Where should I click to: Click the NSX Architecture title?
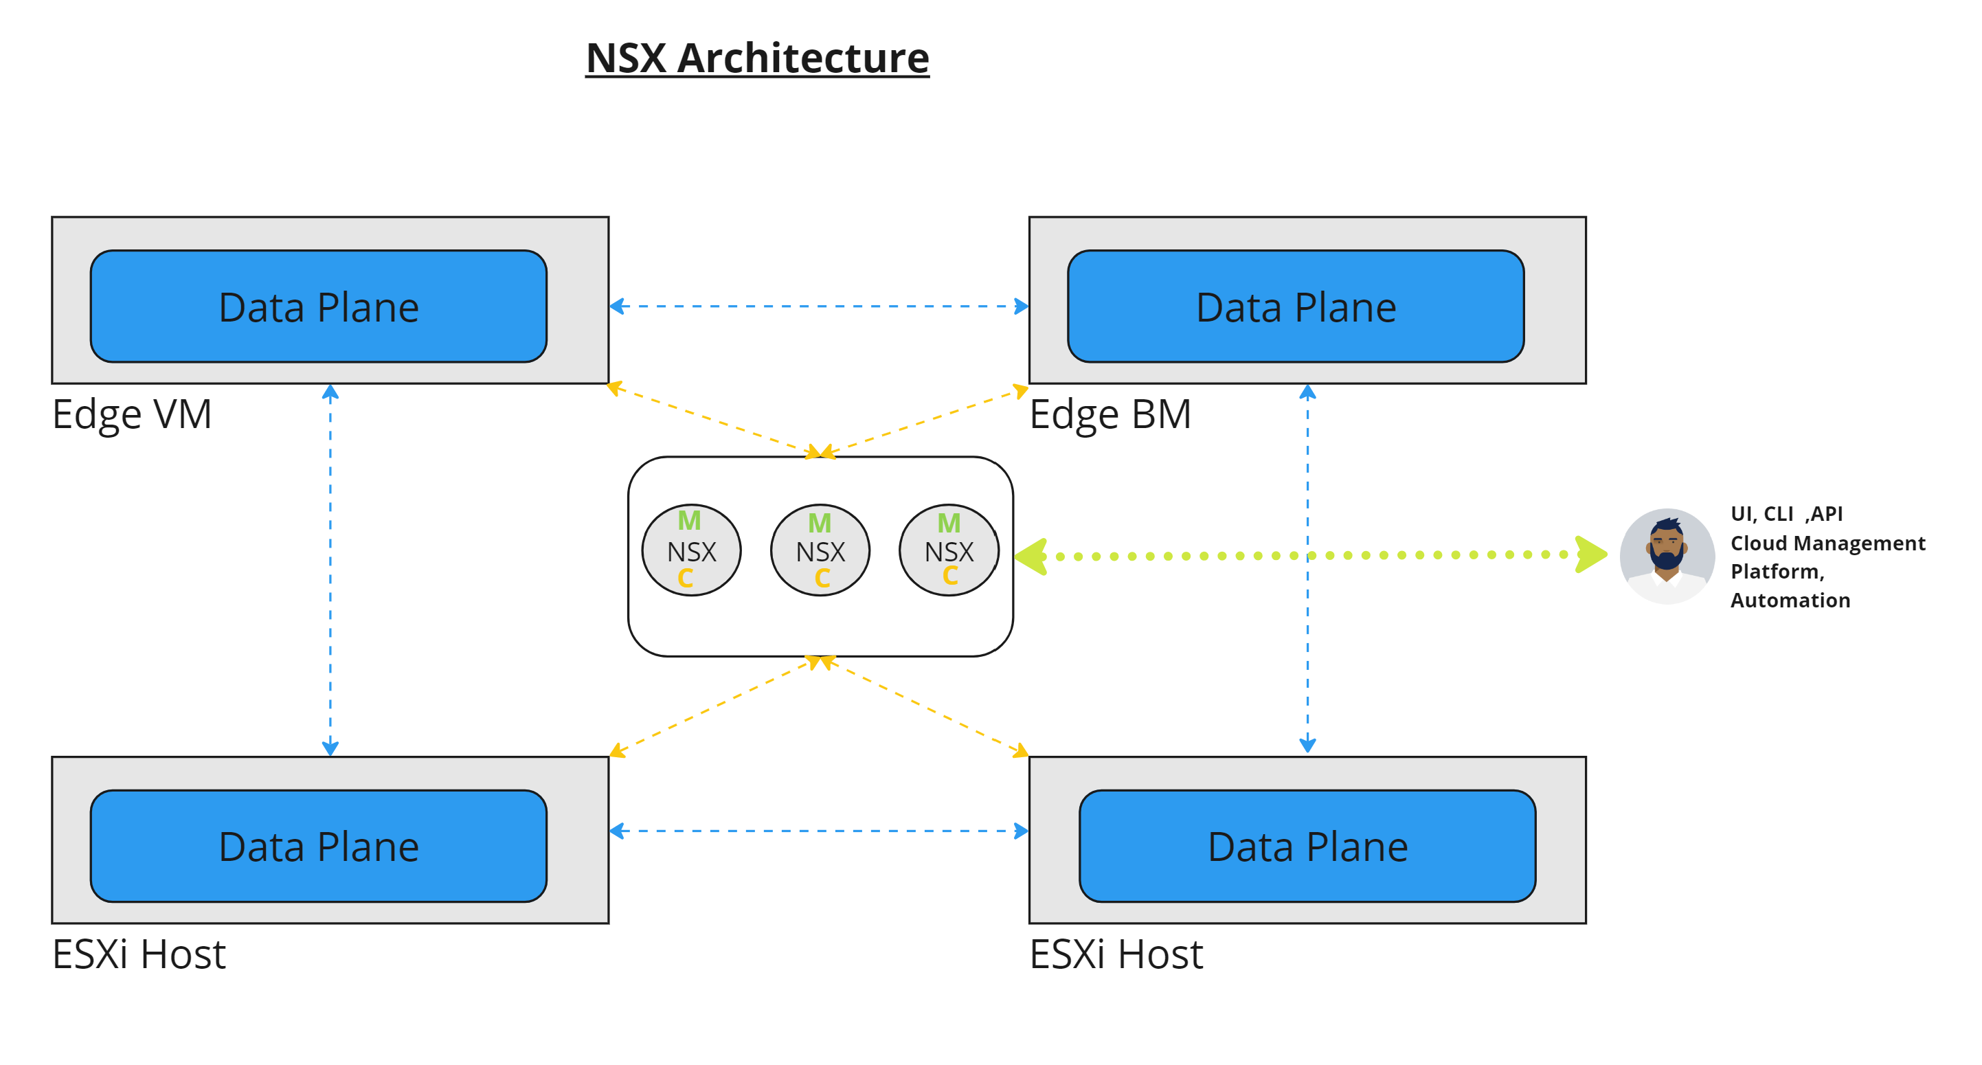(x=757, y=58)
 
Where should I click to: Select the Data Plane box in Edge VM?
(x=319, y=306)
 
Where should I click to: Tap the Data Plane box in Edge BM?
(x=1296, y=306)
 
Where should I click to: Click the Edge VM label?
(x=132, y=415)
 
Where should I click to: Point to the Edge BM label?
(x=1110, y=415)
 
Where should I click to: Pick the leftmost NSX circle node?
(x=691, y=551)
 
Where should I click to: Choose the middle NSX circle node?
(x=820, y=551)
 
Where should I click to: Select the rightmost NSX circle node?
(x=949, y=551)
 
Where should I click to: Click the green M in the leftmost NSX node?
(x=688, y=521)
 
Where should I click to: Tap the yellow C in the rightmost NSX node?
(x=950, y=576)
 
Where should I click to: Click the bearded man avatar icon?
(x=1667, y=556)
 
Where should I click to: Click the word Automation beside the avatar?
(x=1790, y=601)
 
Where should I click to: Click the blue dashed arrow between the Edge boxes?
(x=819, y=306)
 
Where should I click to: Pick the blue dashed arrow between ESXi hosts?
(x=819, y=831)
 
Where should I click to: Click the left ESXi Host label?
(x=139, y=955)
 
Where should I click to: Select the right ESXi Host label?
(x=1116, y=955)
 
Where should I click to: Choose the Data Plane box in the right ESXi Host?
(x=1307, y=847)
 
